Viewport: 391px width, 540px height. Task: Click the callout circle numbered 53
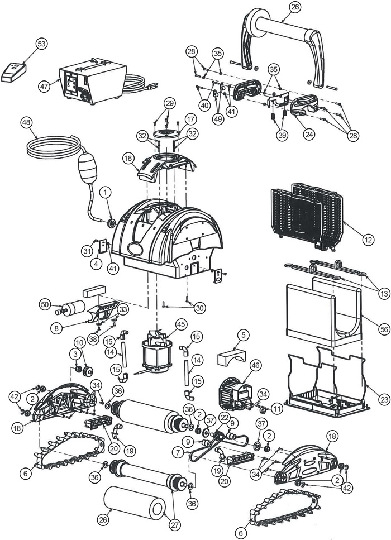41,44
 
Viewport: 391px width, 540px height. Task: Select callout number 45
180,324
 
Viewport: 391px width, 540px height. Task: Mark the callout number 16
128,158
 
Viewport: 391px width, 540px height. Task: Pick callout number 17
190,119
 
